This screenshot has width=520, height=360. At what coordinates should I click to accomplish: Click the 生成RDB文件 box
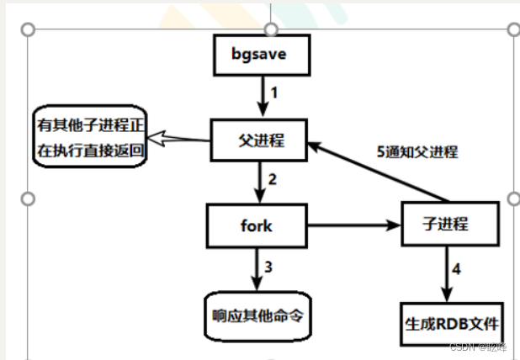[x=450, y=324]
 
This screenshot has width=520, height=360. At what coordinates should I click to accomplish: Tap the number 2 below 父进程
[x=273, y=178]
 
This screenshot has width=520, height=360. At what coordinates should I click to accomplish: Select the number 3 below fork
[x=269, y=267]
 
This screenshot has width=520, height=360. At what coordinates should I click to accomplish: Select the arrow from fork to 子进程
[x=354, y=226]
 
